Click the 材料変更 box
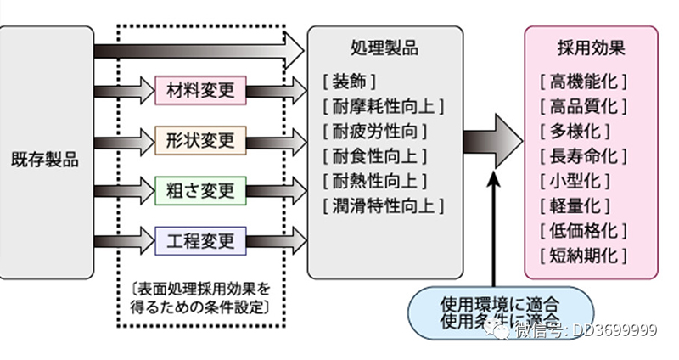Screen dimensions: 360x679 point(200,87)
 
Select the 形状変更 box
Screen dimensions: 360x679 point(200,138)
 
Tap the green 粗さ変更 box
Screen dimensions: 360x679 point(200,188)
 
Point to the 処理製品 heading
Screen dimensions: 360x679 point(384,48)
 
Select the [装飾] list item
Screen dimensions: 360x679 point(350,82)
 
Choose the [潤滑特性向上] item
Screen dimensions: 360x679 point(384,205)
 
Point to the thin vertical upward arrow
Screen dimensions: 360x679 point(494,229)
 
